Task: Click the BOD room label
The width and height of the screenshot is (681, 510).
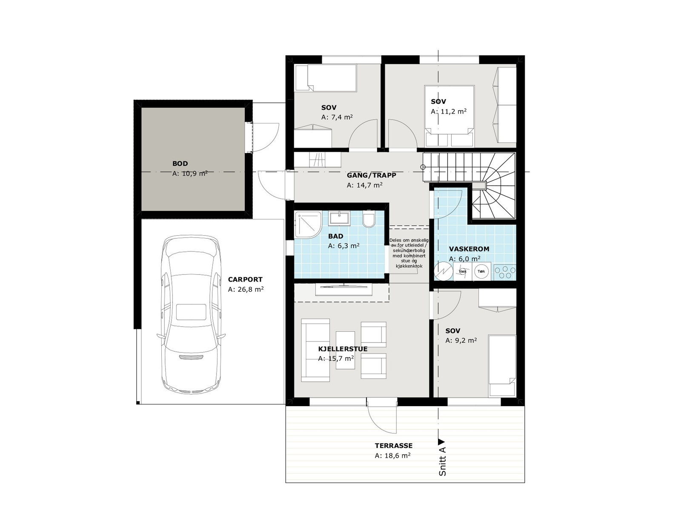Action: pyautogui.click(x=180, y=163)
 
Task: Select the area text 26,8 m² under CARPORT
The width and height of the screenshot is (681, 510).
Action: pyautogui.click(x=246, y=289)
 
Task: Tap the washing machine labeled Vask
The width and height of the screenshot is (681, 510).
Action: pyautogui.click(x=463, y=271)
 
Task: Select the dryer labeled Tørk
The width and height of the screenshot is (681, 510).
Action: pyautogui.click(x=481, y=271)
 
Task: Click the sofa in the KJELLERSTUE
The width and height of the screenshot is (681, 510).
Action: pyautogui.click(x=315, y=350)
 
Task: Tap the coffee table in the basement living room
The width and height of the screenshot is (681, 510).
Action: pyautogui.click(x=345, y=350)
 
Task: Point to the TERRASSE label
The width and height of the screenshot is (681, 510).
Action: pyautogui.click(x=393, y=446)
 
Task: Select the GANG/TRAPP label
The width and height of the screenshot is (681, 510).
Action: pyautogui.click(x=371, y=175)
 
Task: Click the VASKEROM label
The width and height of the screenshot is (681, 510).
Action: pyautogui.click(x=469, y=249)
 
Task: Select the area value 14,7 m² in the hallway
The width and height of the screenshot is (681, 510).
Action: pyautogui.click(x=364, y=185)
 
